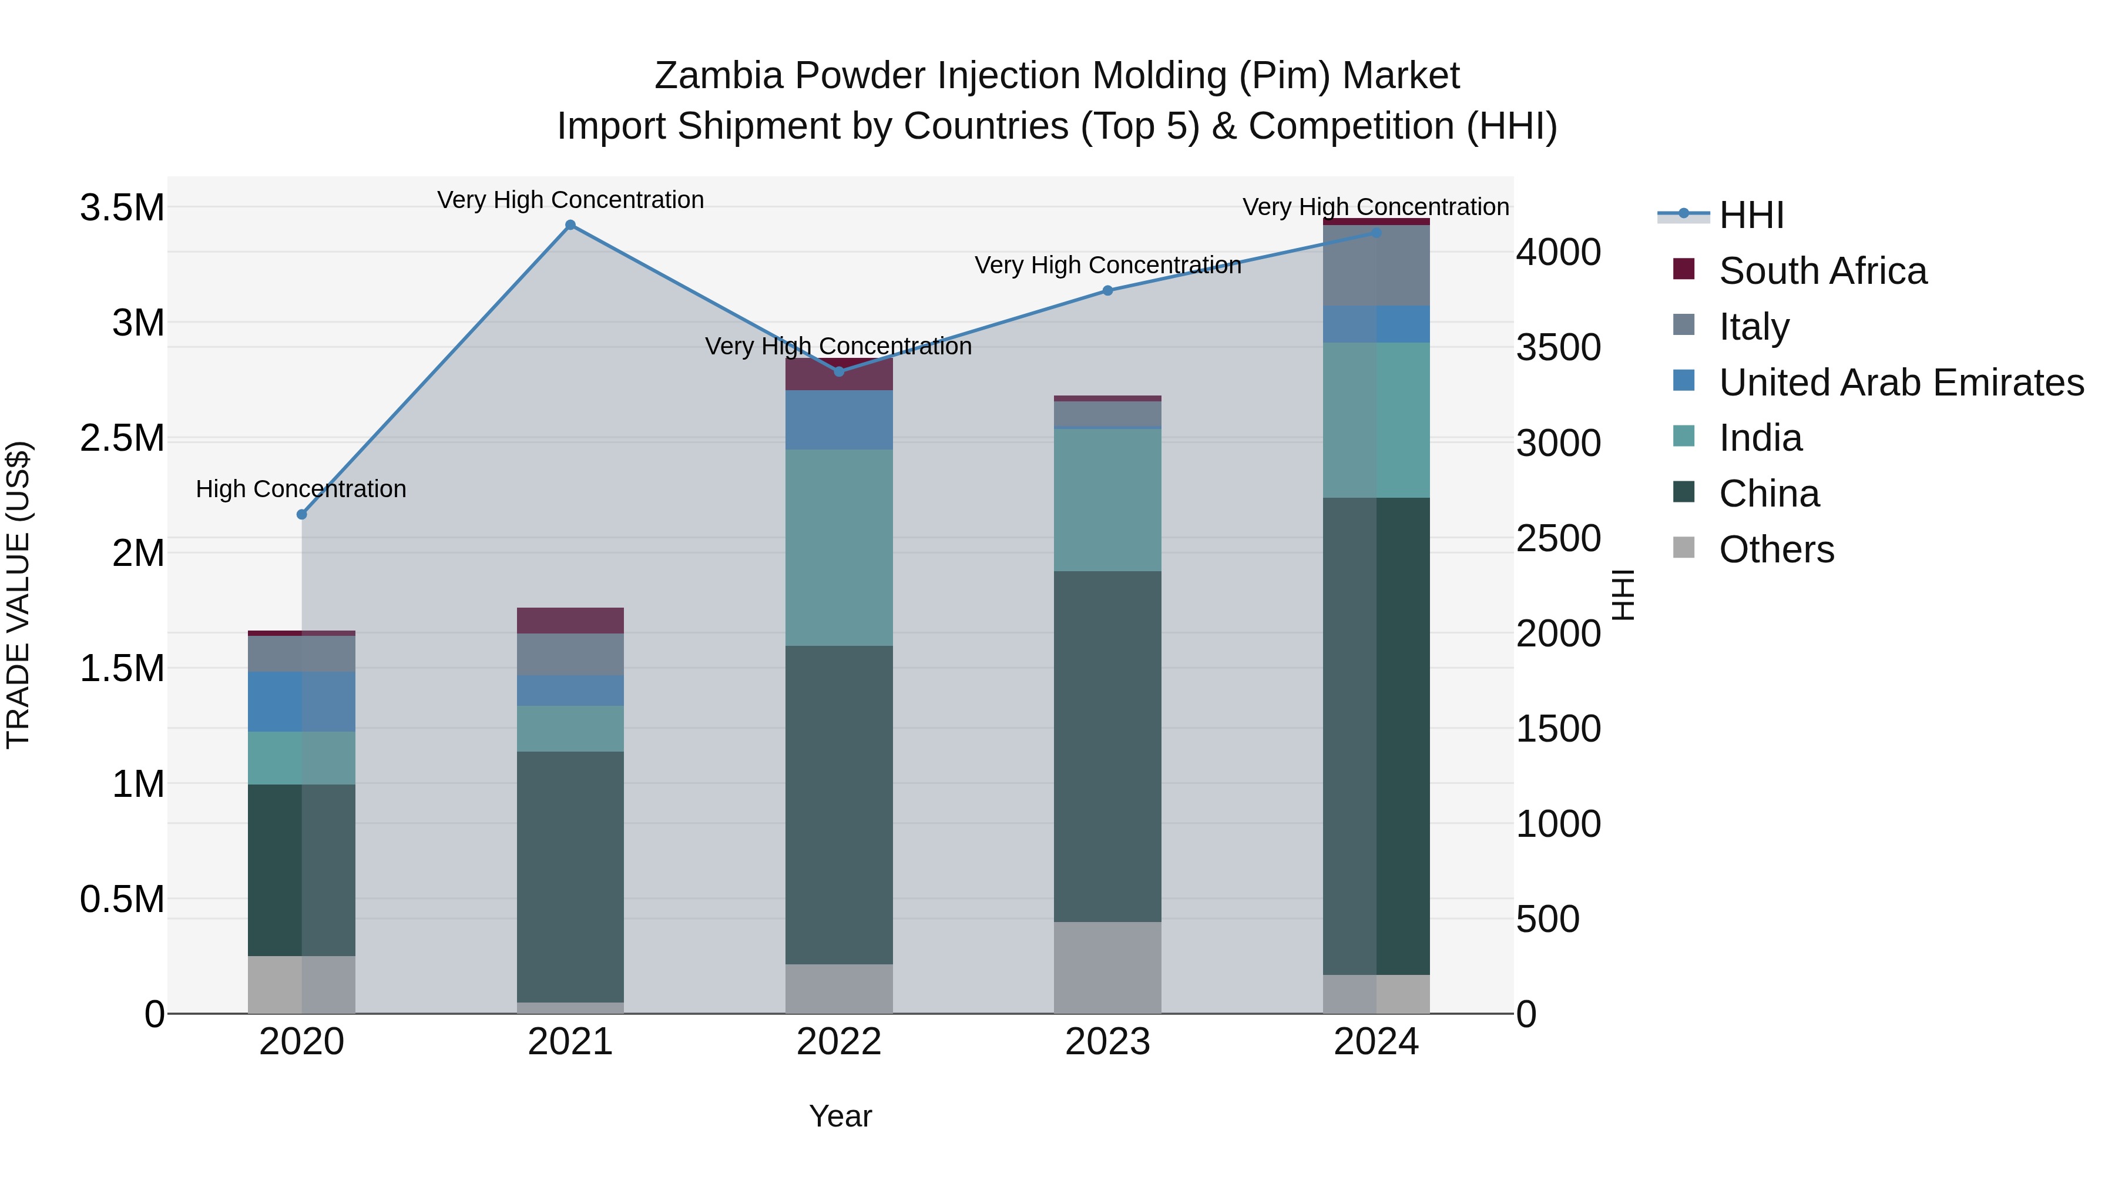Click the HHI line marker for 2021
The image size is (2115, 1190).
pyautogui.click(x=570, y=225)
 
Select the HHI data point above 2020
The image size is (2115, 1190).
pyautogui.click(x=301, y=514)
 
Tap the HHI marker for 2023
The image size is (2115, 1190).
pyautogui.click(x=1107, y=290)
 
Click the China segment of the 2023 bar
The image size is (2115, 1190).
pyautogui.click(x=1107, y=746)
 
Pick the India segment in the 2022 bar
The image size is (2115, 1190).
pyautogui.click(x=838, y=547)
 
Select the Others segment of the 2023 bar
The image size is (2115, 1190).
pyautogui.click(x=1107, y=967)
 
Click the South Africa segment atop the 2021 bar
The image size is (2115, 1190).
pyautogui.click(x=570, y=620)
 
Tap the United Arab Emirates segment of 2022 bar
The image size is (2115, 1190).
pyautogui.click(x=838, y=419)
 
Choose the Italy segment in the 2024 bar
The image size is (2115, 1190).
pyautogui.click(x=1376, y=264)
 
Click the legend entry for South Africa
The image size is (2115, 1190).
pyautogui.click(x=1822, y=271)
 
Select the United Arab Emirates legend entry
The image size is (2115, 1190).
pyautogui.click(x=1900, y=383)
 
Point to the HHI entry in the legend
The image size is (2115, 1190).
pyautogui.click(x=1751, y=215)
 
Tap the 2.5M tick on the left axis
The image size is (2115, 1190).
pyautogui.click(x=122, y=438)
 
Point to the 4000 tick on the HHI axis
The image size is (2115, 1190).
pyautogui.click(x=1557, y=252)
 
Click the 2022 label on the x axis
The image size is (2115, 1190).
pyautogui.click(x=838, y=1042)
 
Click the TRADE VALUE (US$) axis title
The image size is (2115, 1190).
pyautogui.click(x=18, y=595)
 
